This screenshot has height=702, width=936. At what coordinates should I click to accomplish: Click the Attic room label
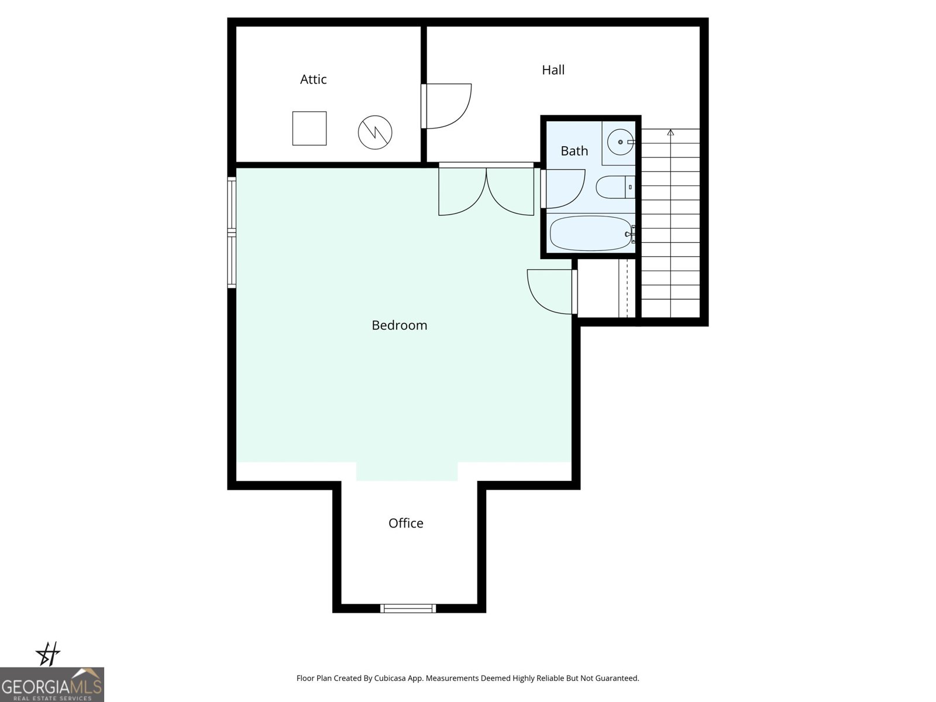pos(313,80)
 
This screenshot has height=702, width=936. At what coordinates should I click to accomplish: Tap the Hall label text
pos(553,70)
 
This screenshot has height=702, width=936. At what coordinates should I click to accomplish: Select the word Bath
pos(574,151)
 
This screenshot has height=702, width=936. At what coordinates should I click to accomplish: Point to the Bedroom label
pos(400,325)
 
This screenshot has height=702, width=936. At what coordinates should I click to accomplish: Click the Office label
pos(405,523)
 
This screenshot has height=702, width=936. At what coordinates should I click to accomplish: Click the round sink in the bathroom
pos(620,142)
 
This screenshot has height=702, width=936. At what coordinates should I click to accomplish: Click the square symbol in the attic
pos(309,129)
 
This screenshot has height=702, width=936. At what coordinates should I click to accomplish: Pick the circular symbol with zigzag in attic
pos(375,132)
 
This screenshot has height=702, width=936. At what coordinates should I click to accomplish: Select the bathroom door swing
pos(563,188)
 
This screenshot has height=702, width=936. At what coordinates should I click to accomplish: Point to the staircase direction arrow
pos(670,133)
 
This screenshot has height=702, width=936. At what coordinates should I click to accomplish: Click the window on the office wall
pos(408,608)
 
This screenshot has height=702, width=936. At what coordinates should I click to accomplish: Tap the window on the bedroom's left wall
pos(232,233)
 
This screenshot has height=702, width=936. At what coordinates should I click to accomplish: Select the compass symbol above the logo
pos(49,654)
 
